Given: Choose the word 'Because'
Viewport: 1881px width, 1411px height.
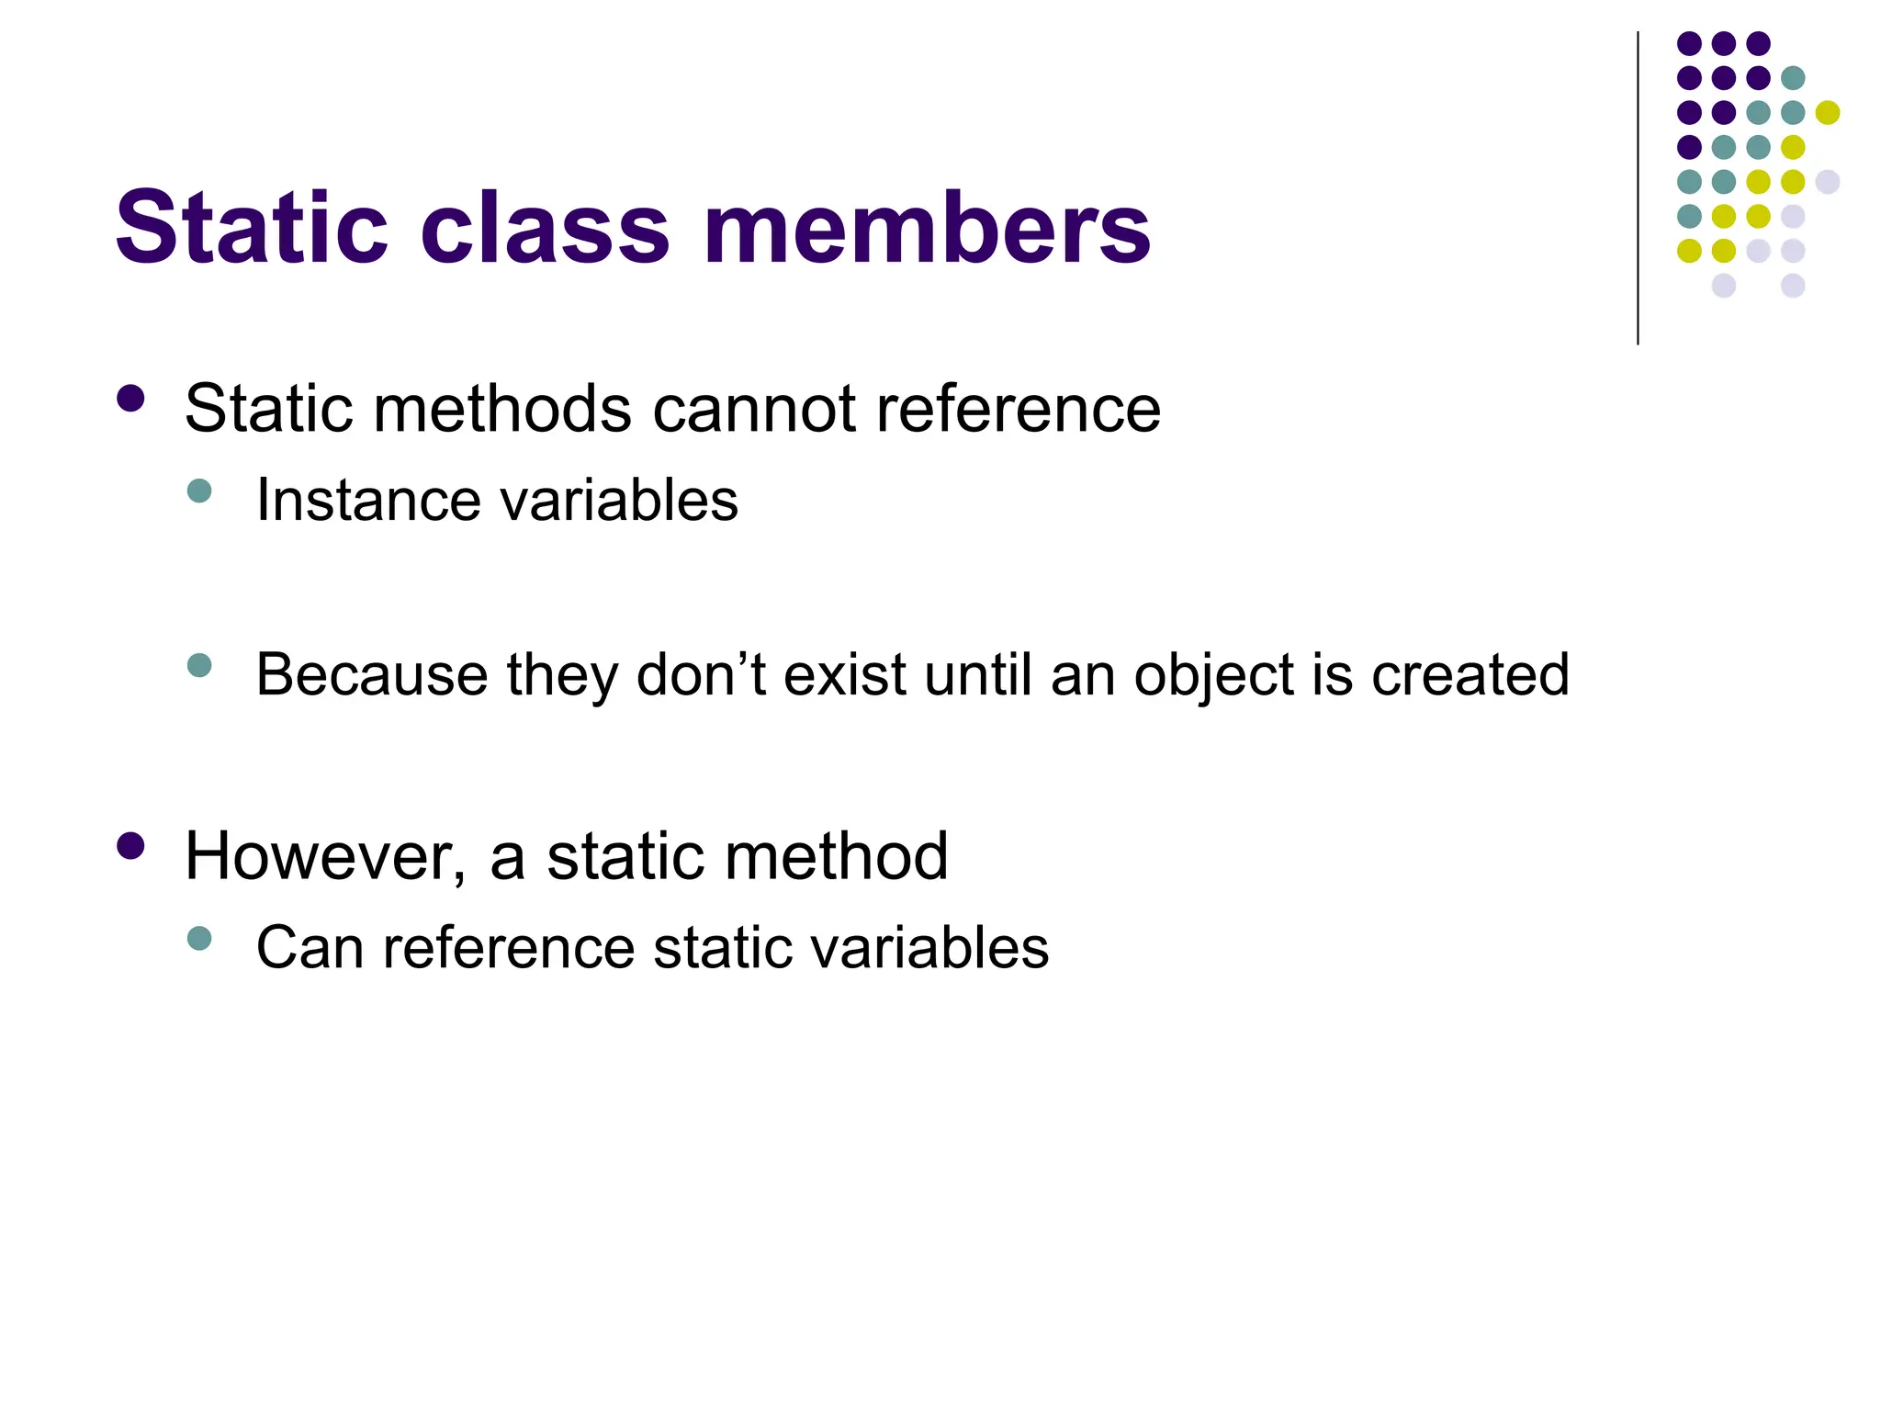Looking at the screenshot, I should (371, 675).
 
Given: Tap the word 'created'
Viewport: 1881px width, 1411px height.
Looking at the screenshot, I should (1470, 675).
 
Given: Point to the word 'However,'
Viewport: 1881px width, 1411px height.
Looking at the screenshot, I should (326, 857).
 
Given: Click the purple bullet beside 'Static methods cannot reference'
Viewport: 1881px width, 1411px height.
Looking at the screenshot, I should (131, 399).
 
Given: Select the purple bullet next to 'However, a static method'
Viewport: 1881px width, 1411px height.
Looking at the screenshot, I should (131, 846).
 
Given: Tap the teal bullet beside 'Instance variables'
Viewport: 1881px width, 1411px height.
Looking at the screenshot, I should (198, 490).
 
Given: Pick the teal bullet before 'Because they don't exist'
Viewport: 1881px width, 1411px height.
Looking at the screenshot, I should (198, 664).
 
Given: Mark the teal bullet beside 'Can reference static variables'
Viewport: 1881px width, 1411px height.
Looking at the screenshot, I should (198, 938).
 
